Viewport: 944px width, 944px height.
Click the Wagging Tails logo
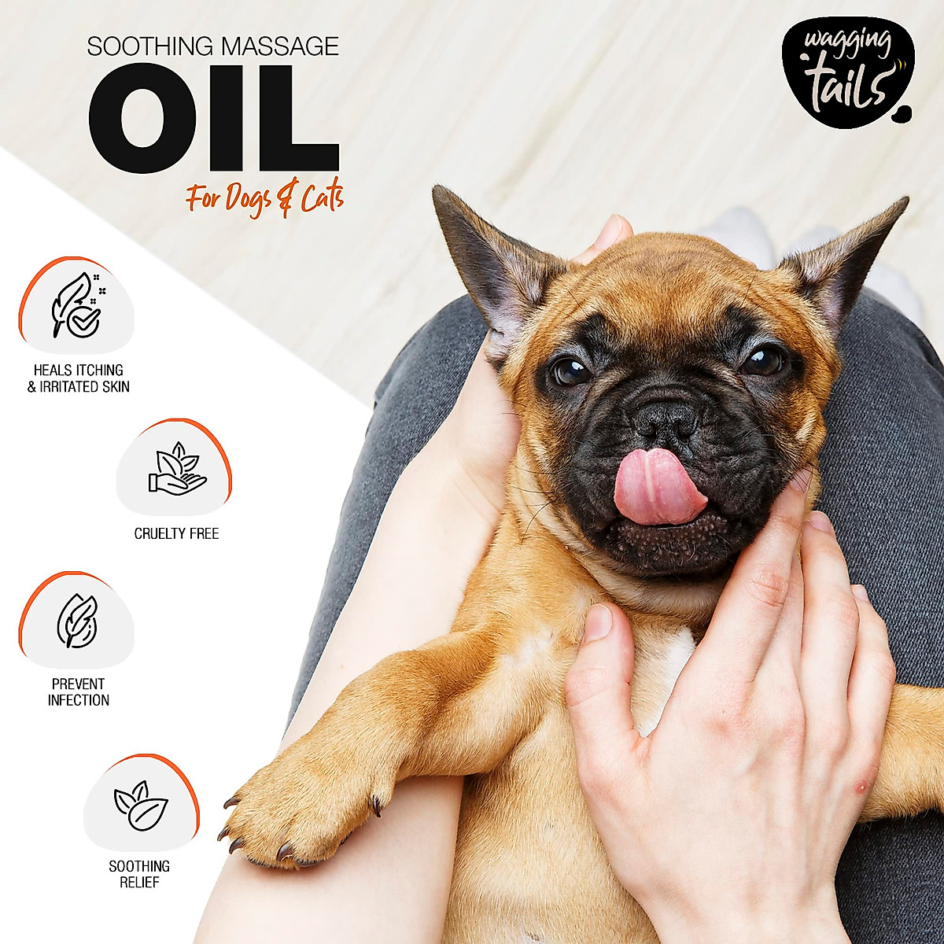click(845, 72)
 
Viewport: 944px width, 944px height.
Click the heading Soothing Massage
click(212, 46)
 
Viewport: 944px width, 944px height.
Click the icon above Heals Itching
click(76, 306)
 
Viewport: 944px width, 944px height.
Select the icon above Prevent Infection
click(76, 621)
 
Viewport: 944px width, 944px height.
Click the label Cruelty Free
click(176, 533)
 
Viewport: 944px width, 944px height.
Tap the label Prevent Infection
click(78, 692)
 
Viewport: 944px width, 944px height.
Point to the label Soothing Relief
click(139, 874)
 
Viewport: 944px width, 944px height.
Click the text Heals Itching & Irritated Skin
click(79, 378)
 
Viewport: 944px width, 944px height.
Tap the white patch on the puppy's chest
click(669, 669)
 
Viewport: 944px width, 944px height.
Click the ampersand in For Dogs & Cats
click(286, 200)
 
